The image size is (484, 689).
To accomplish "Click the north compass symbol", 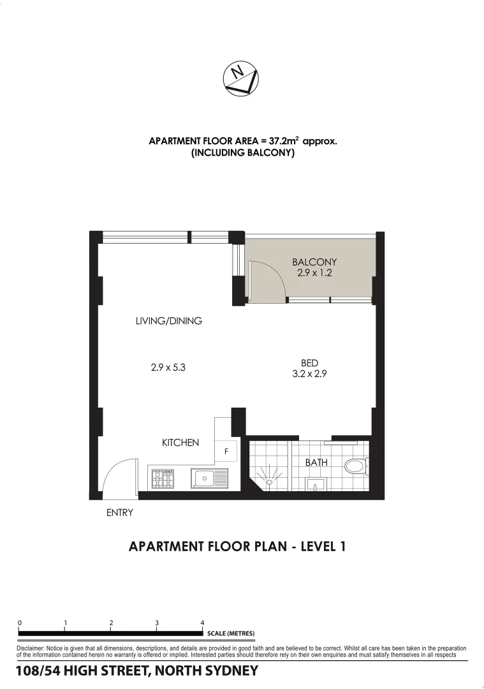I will point(241,79).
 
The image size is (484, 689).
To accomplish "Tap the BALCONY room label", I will point(314,262).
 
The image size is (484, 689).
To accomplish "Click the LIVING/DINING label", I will point(169,321).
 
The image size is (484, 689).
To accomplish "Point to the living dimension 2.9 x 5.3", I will point(168,367).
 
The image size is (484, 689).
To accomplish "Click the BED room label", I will point(309,363).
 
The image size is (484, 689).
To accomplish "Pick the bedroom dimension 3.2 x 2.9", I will point(309,374).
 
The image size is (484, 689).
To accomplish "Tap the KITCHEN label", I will point(180,442).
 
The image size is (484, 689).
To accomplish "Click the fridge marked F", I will point(225,451).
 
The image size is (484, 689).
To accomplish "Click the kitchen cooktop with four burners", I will point(162,477).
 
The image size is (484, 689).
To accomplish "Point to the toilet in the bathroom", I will point(354,466).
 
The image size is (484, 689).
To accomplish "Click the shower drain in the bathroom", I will point(268,482).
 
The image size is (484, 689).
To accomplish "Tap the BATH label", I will point(316,462).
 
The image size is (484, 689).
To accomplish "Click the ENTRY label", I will point(119,512).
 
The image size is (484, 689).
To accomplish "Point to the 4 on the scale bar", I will point(202,623).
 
